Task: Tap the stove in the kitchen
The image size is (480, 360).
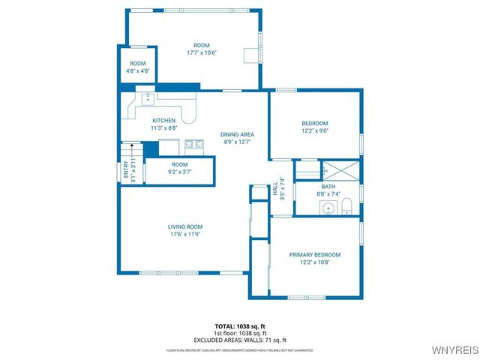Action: [x=194, y=143]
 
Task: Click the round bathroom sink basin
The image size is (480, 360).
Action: [x=328, y=208]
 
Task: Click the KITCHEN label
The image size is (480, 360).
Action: [x=164, y=121]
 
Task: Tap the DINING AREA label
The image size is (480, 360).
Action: [x=237, y=134]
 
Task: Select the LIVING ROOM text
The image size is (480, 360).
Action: [x=184, y=226]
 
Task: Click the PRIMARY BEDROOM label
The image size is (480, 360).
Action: [x=315, y=255]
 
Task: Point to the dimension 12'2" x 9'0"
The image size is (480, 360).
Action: [x=315, y=130]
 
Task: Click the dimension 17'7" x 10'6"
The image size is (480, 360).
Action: [x=202, y=53]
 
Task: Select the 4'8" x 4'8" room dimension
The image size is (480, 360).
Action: [x=137, y=71]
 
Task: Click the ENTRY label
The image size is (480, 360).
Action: [x=126, y=172]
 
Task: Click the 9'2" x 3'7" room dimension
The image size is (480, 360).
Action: [x=179, y=172]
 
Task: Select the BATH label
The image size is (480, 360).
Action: [x=328, y=187]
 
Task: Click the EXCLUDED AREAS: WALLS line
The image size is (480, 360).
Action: [x=239, y=339]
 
